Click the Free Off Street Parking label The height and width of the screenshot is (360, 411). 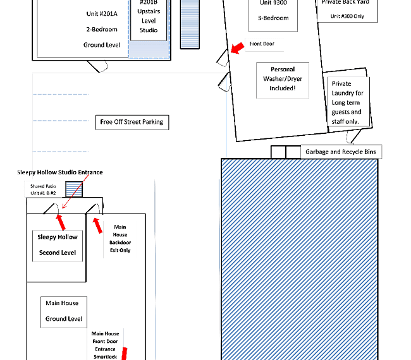132,123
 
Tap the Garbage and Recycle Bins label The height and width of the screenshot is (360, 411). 341,152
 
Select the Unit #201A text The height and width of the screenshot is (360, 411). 102,14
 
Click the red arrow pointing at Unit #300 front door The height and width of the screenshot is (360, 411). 238,48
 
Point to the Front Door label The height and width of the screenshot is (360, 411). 262,44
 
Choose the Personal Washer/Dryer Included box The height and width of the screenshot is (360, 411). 283,80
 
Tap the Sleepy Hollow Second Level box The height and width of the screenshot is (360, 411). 58,246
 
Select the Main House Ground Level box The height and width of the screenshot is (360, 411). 64,312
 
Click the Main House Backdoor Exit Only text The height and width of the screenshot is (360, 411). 120,239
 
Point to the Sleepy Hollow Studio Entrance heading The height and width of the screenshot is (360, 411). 60,172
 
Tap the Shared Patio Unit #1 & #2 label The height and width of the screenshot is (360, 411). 43,189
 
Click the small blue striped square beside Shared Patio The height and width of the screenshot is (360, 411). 74,189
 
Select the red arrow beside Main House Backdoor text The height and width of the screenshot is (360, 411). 97,225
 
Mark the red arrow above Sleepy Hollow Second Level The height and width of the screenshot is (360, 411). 61,222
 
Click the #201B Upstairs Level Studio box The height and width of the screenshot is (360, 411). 149,20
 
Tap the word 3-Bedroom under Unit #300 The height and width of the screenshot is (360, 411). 273,18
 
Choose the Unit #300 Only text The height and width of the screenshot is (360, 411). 347,16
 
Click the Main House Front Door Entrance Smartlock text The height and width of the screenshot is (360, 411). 105,345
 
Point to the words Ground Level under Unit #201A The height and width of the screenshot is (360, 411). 102,45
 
